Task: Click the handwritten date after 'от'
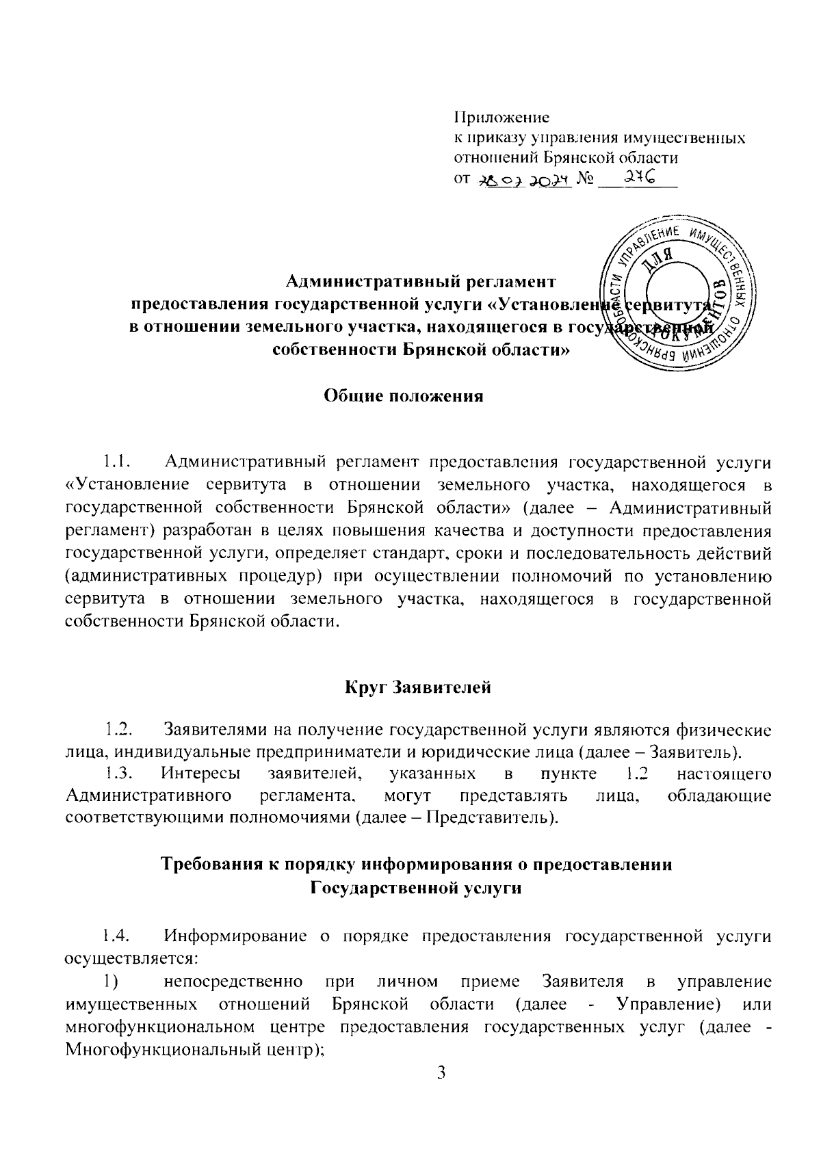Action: [x=523, y=180]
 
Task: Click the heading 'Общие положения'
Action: [x=404, y=397]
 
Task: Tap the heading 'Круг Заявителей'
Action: [x=417, y=687]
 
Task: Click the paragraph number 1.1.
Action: [x=117, y=463]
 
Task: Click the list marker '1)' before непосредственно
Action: [x=112, y=982]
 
